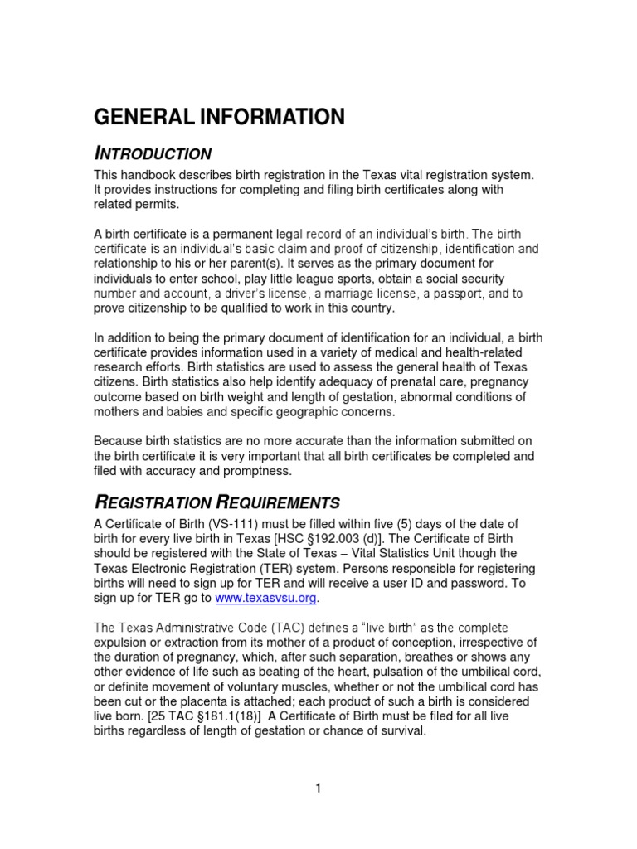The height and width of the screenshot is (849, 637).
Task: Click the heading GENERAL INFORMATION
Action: point(219,118)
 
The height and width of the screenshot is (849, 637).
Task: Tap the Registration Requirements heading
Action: point(217,502)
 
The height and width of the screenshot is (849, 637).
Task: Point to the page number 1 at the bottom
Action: point(318,788)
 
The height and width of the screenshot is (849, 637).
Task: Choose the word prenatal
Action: point(422,381)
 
